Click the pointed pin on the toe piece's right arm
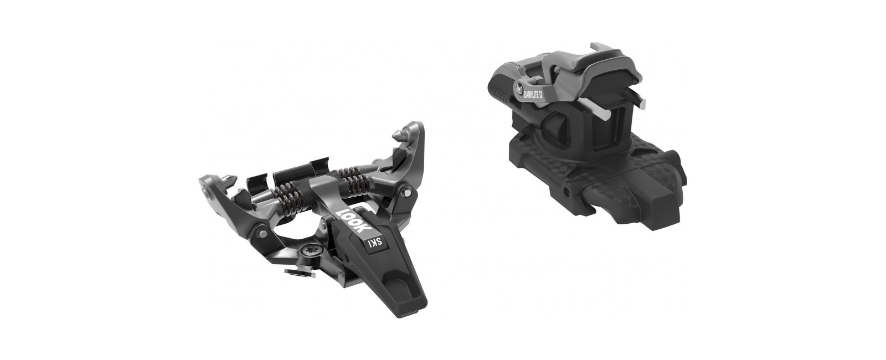[401, 135]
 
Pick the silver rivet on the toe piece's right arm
[406, 191]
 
